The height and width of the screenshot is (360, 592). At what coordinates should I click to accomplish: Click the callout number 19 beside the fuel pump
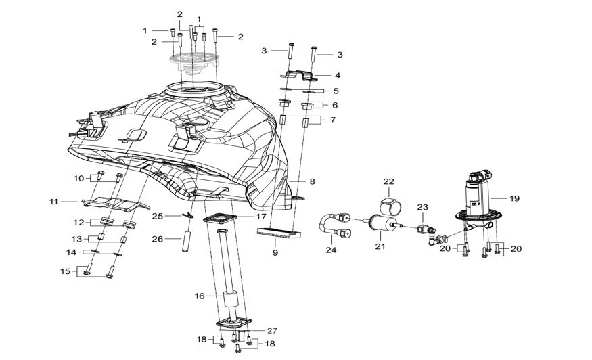[515, 198]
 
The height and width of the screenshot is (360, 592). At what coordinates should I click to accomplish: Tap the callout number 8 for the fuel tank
[312, 181]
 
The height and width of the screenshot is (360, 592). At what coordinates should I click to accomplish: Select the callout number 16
[200, 296]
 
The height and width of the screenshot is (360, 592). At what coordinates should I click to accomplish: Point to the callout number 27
[272, 331]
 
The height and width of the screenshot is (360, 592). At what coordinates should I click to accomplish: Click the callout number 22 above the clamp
[388, 182]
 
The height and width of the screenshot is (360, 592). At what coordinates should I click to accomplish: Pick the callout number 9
[275, 252]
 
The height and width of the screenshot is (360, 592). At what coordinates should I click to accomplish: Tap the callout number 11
[53, 202]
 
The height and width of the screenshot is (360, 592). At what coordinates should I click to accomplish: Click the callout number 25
[158, 216]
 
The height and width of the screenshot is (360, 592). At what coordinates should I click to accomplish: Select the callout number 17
[261, 217]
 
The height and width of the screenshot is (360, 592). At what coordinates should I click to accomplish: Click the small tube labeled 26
[186, 240]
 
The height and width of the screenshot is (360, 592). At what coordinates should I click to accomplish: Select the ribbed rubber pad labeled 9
[279, 233]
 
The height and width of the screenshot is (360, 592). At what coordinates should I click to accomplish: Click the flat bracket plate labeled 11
[116, 204]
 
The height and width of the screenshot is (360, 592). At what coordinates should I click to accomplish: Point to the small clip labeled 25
[187, 216]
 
